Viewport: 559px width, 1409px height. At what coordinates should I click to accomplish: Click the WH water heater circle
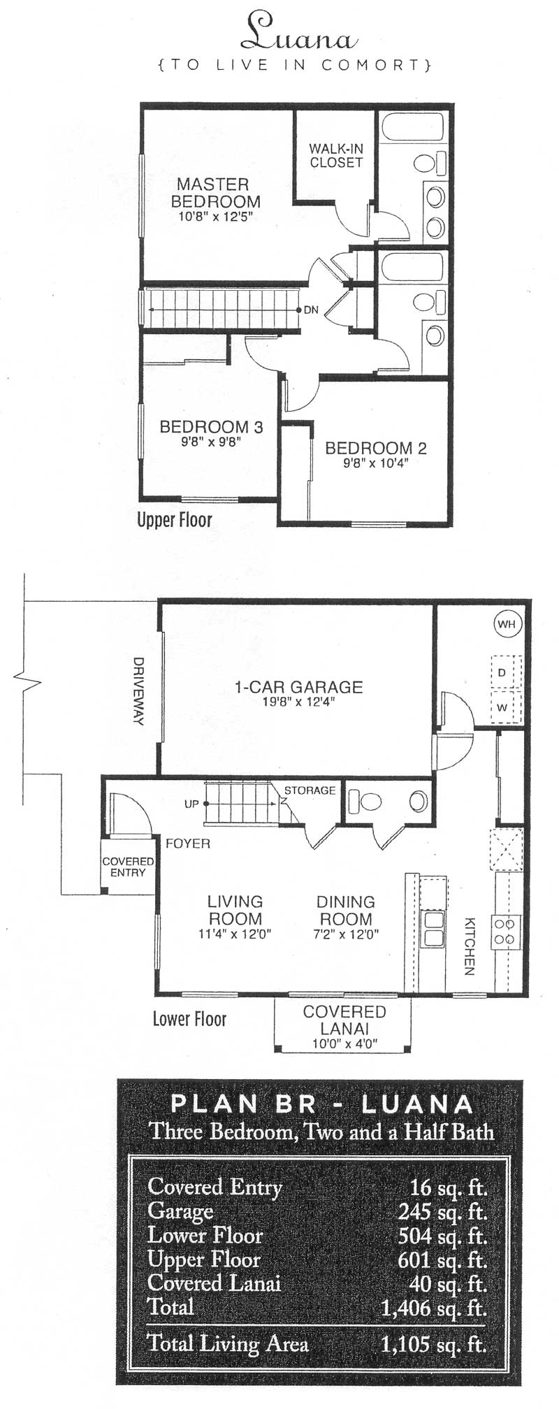point(507,623)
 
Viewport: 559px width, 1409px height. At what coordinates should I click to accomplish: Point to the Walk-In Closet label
point(336,155)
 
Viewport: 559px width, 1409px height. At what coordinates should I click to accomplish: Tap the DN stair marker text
point(311,310)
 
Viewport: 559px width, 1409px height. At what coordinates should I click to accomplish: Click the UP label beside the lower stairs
point(191,804)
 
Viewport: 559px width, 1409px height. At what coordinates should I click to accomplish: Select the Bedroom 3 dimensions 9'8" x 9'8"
point(211,442)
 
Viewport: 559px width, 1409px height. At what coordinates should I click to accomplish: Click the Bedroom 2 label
point(376,448)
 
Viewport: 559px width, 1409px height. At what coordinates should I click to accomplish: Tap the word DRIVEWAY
point(138,691)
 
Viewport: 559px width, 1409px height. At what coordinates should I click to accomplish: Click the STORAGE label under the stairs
point(310,790)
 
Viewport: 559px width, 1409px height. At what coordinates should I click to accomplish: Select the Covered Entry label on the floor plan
point(128,867)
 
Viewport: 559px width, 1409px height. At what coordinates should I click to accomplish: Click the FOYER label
point(188,844)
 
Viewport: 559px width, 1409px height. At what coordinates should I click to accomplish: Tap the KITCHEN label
point(470,946)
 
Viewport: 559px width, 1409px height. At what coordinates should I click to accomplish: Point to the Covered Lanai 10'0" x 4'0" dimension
point(344,1044)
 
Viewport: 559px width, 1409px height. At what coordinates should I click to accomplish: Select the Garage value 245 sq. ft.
point(442,1212)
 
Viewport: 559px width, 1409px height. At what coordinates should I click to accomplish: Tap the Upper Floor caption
point(175,519)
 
